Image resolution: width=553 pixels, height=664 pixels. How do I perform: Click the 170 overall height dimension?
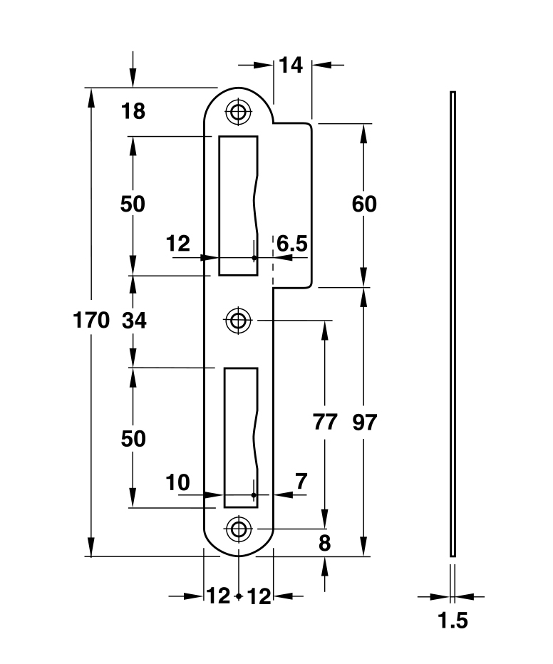[92, 321]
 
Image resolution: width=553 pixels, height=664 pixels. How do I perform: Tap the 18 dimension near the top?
[133, 111]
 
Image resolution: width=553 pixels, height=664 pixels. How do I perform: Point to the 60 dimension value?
[364, 204]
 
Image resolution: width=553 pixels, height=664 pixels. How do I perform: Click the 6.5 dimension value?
[292, 244]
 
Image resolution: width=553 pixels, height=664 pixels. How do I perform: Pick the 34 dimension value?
[133, 321]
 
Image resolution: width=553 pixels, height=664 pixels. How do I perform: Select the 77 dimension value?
[325, 422]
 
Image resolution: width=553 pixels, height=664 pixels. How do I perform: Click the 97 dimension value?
[364, 422]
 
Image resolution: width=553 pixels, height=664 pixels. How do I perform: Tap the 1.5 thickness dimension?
[453, 621]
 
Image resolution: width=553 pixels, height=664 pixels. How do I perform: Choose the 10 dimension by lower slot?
[177, 482]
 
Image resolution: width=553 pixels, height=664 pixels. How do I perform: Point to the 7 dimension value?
[301, 482]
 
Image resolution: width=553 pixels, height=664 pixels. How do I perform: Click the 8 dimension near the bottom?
[325, 544]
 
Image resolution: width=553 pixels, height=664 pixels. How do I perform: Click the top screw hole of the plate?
[237, 110]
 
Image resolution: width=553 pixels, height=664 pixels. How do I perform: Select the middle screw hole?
[237, 320]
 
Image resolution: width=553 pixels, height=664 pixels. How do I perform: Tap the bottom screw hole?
[237, 529]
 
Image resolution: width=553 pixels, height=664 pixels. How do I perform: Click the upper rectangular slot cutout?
[237, 205]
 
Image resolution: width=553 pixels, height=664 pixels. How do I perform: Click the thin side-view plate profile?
[453, 323]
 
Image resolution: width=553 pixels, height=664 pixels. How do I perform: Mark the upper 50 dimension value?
[133, 204]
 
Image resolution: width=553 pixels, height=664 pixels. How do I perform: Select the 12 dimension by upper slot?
[177, 244]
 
